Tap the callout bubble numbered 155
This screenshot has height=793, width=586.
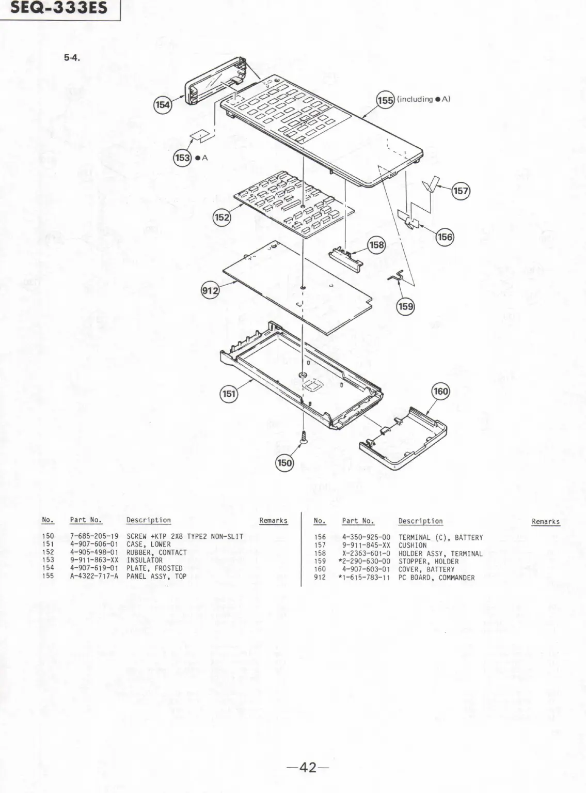pos(385,100)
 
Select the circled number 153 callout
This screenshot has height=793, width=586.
pos(182,158)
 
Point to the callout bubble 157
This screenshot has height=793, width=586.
pos(461,191)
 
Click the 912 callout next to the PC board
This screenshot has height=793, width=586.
pos(211,291)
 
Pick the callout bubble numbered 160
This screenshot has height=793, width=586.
pos(440,392)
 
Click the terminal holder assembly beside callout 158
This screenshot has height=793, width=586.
pos(346,254)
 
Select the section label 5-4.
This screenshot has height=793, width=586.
pos(71,58)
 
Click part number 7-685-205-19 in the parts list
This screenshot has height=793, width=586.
pos(94,537)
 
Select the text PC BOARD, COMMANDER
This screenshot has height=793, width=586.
pos(436,578)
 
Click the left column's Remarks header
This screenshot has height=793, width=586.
pos(273,521)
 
